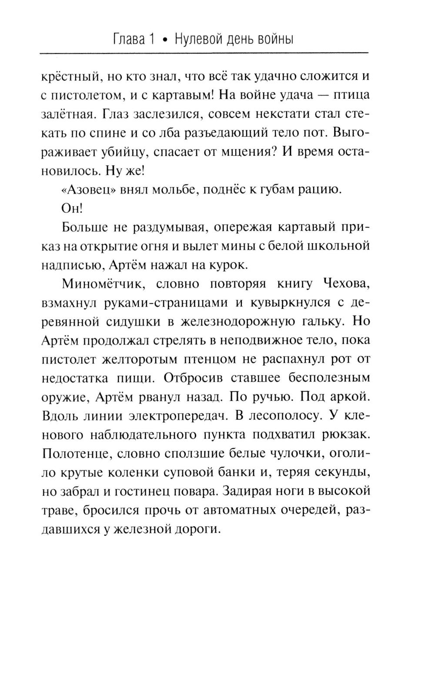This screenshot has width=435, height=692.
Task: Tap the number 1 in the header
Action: [152, 40]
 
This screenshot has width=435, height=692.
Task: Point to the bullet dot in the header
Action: [164, 40]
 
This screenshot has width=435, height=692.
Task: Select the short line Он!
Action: [72, 209]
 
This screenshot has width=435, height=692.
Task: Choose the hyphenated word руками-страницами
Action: [165, 303]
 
